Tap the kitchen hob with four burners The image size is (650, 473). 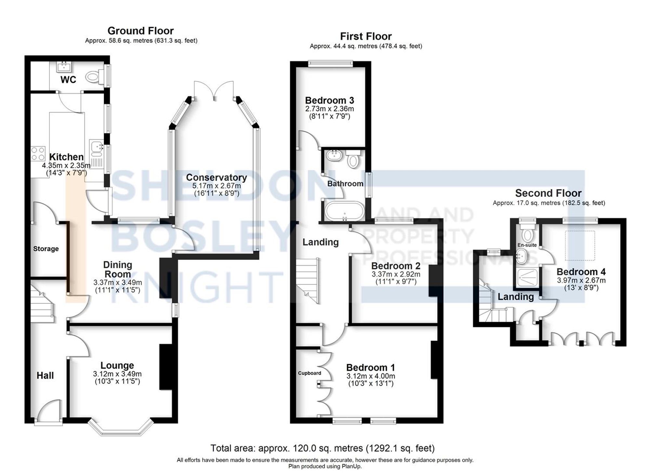coord(38,153)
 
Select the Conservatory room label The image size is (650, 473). coord(216,177)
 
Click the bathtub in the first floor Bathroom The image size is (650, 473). coord(344,211)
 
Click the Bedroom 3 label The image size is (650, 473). coord(329,100)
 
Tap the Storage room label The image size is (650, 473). coord(46,249)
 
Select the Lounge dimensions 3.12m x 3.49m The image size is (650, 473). coord(117,374)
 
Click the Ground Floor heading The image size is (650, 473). coord(140,31)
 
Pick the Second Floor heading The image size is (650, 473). coord(548,193)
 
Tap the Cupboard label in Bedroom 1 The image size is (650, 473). coord(309,373)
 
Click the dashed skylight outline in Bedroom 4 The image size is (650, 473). coord(580,245)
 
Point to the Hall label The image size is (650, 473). coord(45,375)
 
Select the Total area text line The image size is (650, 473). coord(322,448)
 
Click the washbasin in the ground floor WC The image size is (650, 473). coord(64,67)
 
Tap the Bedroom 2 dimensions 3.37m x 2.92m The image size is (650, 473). coord(396,274)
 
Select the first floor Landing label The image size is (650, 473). coord(320,242)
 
